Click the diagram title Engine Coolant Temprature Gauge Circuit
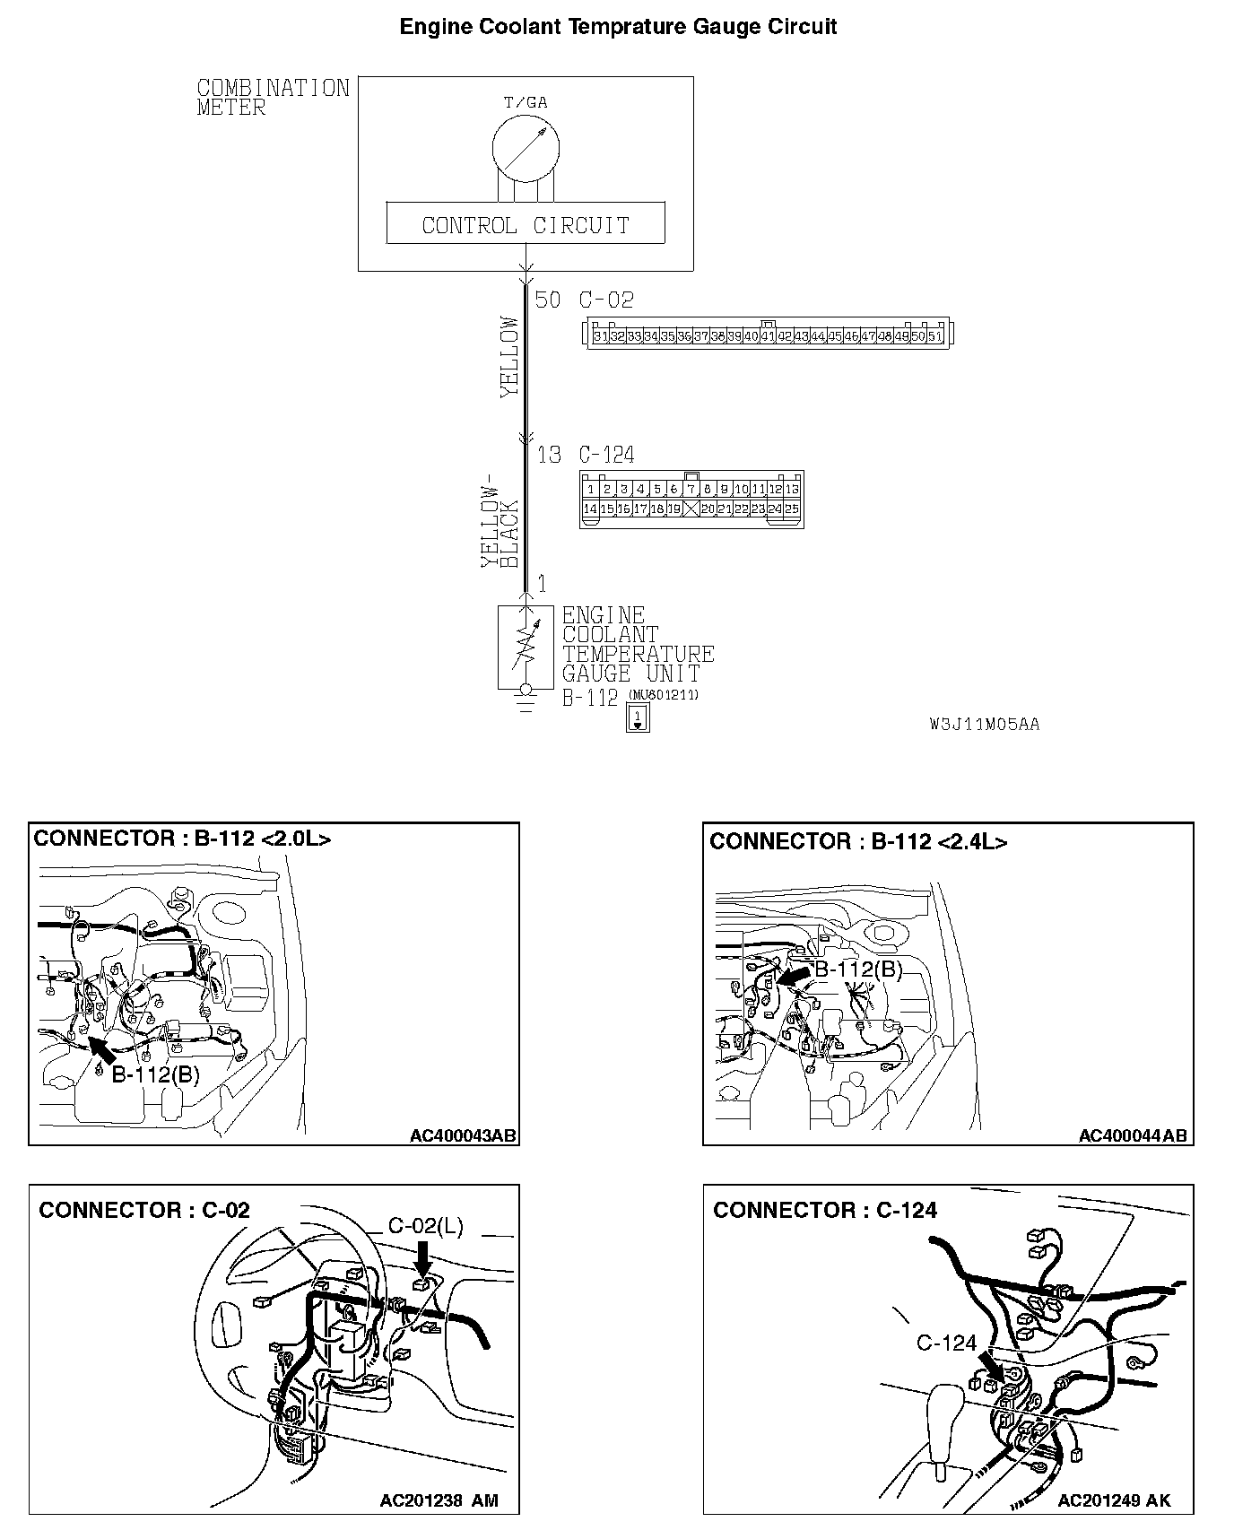pyautogui.click(x=618, y=27)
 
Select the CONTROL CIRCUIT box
pyautogui.click(x=526, y=224)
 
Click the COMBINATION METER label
pyautogui.click(x=272, y=98)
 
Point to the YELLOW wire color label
pyautogui.click(x=509, y=355)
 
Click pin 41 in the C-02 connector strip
pyautogui.click(x=768, y=336)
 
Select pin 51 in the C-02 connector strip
pyautogui.click(x=934, y=336)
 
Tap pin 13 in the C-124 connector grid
pyautogui.click(x=791, y=490)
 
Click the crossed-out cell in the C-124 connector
pyautogui.click(x=691, y=509)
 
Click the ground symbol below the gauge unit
pyautogui.click(x=526, y=705)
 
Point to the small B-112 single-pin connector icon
pyautogui.click(x=638, y=717)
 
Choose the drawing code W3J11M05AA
pyautogui.click(x=984, y=725)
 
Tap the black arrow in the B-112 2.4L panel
pyautogui.click(x=794, y=976)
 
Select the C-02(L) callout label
pyautogui.click(x=425, y=1226)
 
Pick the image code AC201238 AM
pyautogui.click(x=439, y=1500)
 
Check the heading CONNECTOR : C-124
pyautogui.click(x=824, y=1210)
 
